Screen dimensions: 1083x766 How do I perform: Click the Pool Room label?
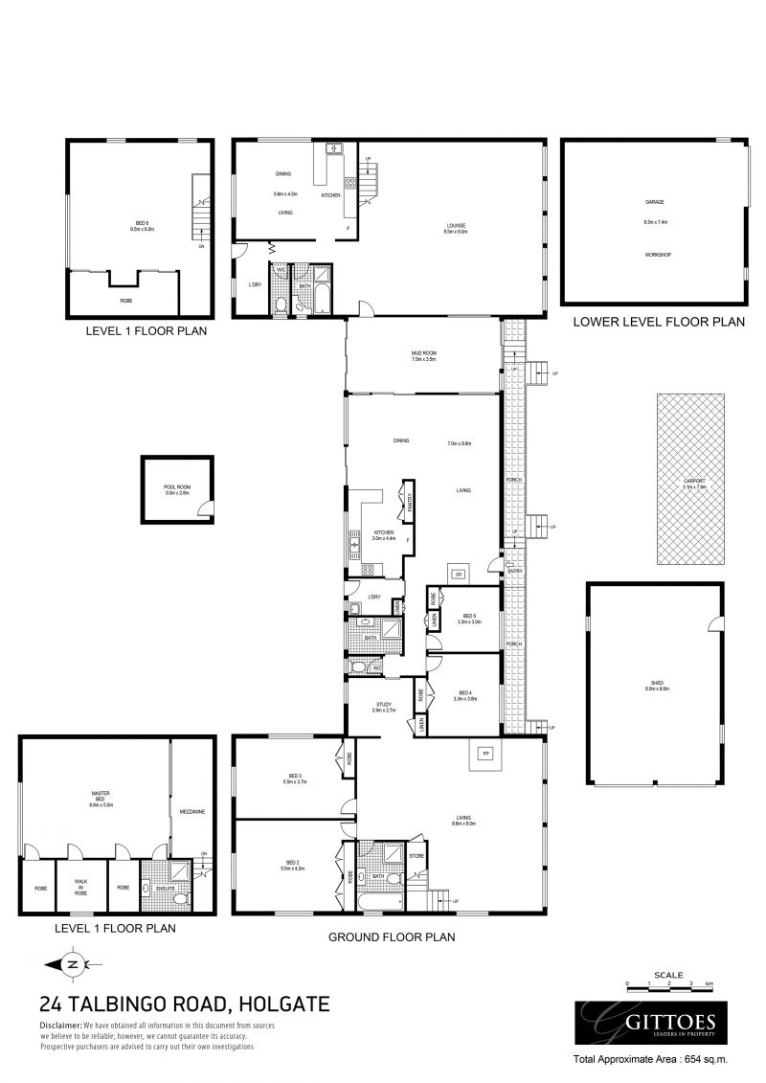(x=177, y=490)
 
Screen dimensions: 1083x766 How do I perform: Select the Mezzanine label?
(x=192, y=812)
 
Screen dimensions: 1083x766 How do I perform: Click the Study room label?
(x=382, y=707)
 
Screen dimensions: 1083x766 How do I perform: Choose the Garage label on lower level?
(x=655, y=203)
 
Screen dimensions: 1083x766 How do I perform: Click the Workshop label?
(x=655, y=255)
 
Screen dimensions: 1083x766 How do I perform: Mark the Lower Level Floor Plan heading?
(x=658, y=323)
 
